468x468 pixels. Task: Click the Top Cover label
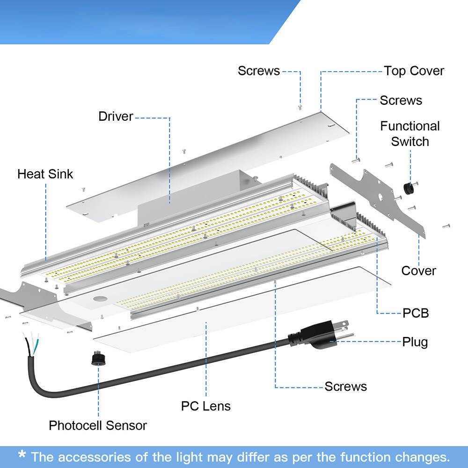(x=414, y=71)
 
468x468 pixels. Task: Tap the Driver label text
(x=116, y=117)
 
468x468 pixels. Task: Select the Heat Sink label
(x=45, y=174)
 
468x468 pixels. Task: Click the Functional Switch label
(x=410, y=134)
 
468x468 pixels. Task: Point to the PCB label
(x=416, y=313)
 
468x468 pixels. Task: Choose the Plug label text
(x=415, y=342)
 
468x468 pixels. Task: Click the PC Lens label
(x=206, y=406)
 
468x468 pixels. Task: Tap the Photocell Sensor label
(x=98, y=425)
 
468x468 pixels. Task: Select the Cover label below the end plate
(x=418, y=271)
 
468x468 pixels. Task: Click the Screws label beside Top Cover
(x=259, y=71)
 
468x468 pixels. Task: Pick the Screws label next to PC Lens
(x=346, y=386)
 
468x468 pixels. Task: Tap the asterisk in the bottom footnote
(x=22, y=454)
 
